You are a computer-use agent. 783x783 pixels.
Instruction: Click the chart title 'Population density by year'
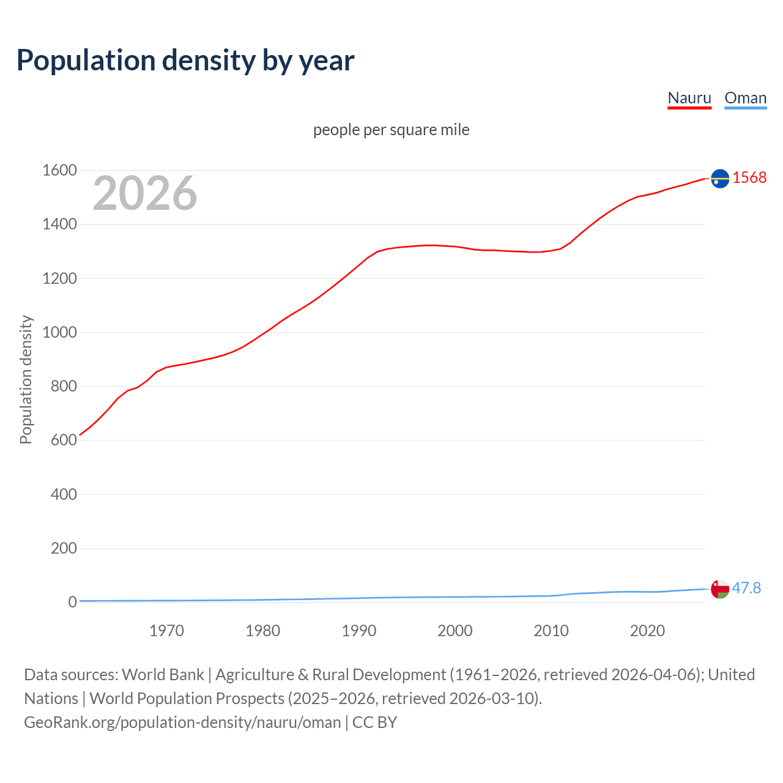[185, 60]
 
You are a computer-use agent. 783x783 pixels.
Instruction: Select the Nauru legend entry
[689, 98]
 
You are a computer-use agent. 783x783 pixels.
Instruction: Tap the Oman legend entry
[745, 98]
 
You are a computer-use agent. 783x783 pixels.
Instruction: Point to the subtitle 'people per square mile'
[391, 130]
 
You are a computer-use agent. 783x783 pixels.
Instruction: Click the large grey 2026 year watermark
[145, 193]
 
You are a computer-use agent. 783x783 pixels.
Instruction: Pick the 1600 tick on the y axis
[59, 170]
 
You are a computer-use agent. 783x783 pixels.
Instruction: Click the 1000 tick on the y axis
[59, 332]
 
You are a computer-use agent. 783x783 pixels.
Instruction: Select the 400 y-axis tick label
[64, 494]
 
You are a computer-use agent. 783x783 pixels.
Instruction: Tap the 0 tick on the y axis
[72, 602]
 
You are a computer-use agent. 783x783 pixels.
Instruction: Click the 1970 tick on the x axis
[166, 631]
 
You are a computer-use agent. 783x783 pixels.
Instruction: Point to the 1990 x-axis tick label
[359, 631]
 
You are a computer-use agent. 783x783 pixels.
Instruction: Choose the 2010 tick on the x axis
[551, 631]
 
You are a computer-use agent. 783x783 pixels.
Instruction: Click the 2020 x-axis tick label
[647, 631]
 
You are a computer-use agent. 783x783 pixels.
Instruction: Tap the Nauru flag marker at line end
[720, 178]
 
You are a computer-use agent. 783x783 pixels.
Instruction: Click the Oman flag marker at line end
[720, 589]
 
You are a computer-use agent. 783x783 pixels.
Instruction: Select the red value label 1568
[749, 177]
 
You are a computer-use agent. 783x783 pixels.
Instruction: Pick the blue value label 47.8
[746, 588]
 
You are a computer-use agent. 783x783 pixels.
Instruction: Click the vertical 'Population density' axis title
[26, 379]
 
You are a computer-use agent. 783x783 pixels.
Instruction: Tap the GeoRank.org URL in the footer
[182, 722]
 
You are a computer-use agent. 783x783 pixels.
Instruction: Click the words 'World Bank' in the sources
[163, 675]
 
